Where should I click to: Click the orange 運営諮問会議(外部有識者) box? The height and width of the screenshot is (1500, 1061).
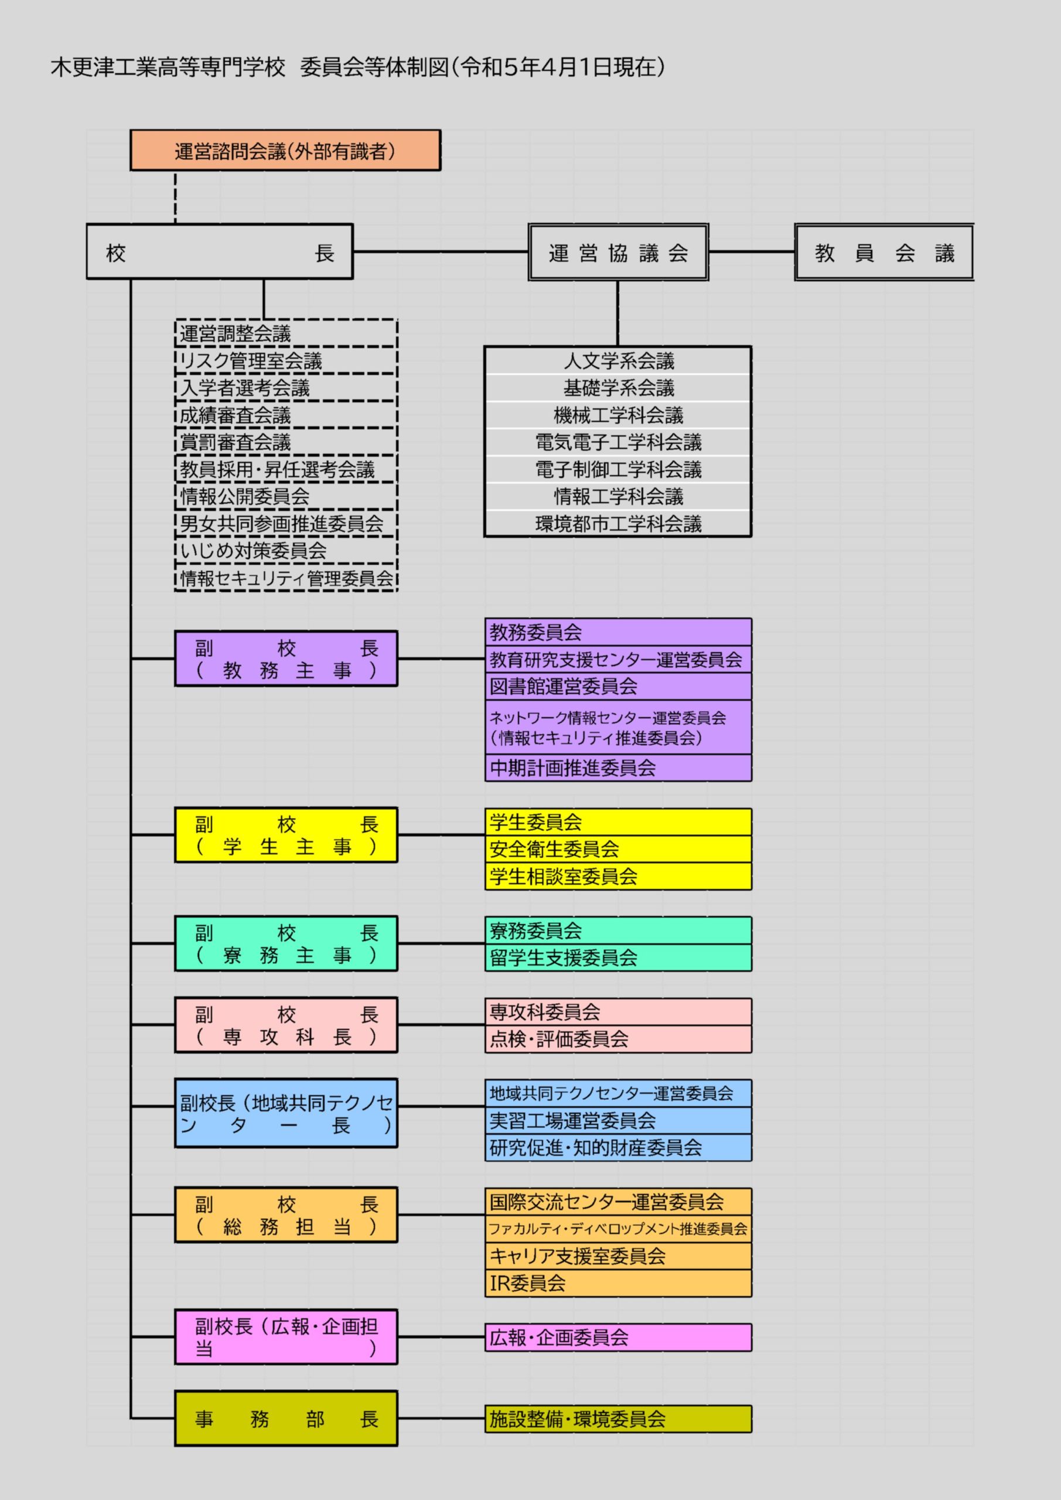point(285,150)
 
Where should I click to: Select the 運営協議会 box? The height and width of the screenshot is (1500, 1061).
point(618,252)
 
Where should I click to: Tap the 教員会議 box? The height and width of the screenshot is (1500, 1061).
point(884,252)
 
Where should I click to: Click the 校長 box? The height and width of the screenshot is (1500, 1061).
point(220,251)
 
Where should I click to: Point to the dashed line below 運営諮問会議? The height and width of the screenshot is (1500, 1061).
point(175,197)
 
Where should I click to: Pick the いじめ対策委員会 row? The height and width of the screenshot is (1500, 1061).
point(286,551)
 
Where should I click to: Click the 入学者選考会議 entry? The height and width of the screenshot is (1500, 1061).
point(286,388)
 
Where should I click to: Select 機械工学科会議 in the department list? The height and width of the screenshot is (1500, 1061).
point(618,415)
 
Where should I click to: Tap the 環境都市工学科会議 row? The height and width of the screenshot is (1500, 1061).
point(618,523)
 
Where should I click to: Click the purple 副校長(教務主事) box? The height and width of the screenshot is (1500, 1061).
point(286,659)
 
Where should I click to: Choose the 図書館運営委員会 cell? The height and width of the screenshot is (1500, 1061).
point(618,686)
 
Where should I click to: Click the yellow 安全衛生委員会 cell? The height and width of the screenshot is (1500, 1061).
point(618,848)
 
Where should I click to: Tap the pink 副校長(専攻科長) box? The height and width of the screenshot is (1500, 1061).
point(286,1025)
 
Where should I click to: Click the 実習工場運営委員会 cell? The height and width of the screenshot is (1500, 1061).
point(618,1120)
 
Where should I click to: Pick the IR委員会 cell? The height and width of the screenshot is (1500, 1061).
point(618,1283)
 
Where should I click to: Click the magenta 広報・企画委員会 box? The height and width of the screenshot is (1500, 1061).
point(618,1337)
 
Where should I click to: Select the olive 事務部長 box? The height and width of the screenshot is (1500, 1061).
point(286,1419)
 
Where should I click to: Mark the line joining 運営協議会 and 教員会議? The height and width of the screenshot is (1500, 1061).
point(751,251)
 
